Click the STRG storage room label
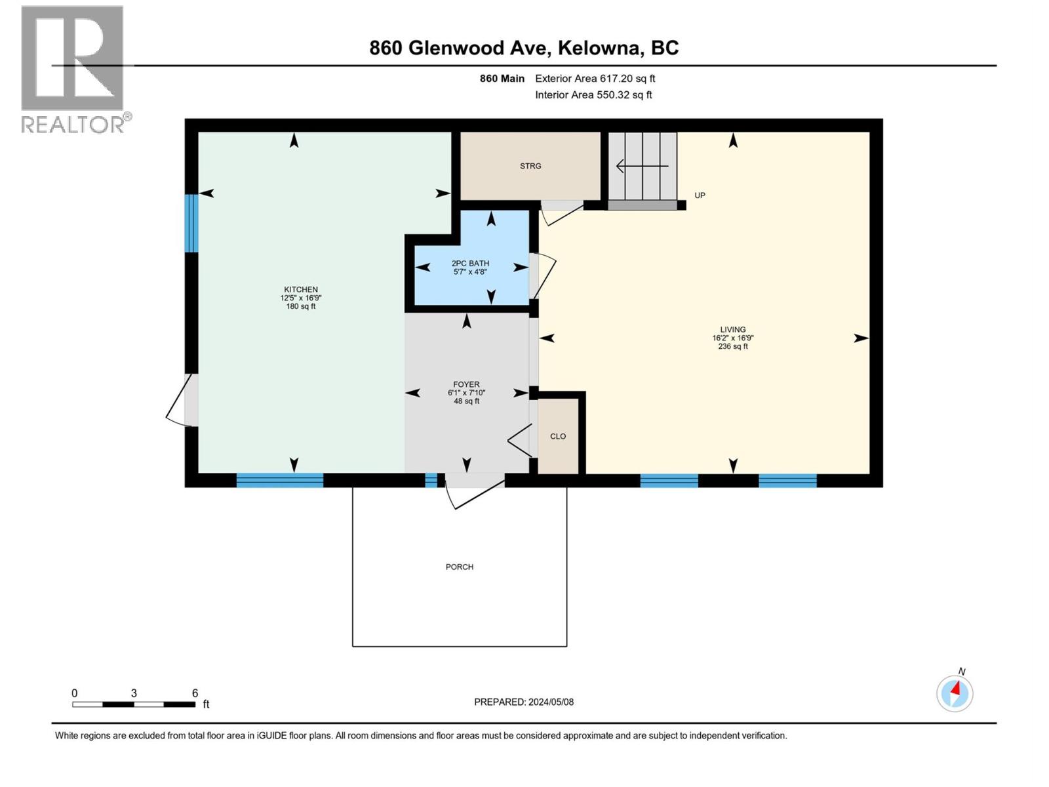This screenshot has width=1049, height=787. [530, 166]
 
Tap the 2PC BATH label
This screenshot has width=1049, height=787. [470, 264]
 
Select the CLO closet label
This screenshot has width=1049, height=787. [558, 436]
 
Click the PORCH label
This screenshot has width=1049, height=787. [459, 567]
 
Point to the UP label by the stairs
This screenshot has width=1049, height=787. [700, 195]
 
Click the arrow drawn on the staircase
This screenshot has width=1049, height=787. [642, 166]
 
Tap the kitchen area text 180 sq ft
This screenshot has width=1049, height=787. [301, 306]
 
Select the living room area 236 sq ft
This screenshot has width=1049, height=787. [732, 346]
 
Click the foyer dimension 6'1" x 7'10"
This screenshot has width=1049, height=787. [466, 393]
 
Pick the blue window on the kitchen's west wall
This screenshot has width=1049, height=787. [191, 223]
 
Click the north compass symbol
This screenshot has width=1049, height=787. [955, 693]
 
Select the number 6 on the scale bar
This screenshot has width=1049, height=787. [195, 693]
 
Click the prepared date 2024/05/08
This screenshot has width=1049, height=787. [551, 702]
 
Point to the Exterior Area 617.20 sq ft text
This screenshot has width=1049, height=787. [595, 79]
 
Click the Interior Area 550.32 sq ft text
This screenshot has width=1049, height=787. [593, 95]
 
